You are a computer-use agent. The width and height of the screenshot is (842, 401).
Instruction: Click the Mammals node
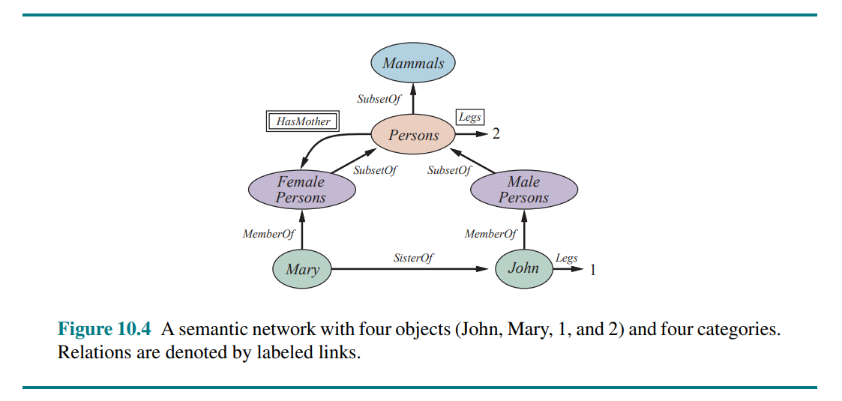coord(413,64)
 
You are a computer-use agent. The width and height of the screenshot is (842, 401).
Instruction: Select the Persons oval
coord(413,136)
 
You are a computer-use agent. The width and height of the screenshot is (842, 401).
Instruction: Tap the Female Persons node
coord(301,190)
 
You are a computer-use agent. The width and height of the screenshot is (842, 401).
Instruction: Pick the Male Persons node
coord(523,190)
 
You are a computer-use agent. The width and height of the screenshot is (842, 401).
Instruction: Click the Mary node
coord(302,269)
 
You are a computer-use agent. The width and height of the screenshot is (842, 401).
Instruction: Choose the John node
coord(523,268)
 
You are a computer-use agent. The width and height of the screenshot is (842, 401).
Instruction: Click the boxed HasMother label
coord(303,121)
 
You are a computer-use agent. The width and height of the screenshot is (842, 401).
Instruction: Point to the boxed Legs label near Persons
coord(469,118)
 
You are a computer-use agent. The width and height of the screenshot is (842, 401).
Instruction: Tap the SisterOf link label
coord(413,258)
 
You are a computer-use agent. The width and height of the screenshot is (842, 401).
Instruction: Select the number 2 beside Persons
coord(496,135)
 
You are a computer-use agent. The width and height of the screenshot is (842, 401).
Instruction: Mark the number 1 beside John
coord(593,270)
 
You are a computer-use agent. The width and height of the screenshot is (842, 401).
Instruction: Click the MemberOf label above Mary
coord(268,235)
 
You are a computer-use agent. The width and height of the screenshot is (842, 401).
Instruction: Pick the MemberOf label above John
coord(490,235)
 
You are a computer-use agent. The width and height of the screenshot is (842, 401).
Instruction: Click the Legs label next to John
coord(566,259)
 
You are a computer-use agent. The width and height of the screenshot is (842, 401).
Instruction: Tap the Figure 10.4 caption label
coord(104,329)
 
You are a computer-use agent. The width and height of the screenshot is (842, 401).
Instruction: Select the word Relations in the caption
coord(91,352)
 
